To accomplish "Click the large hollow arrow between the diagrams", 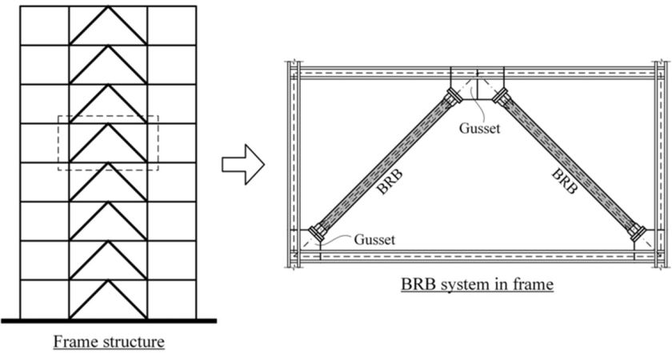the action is point(243,165).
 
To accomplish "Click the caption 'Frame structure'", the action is point(109,342).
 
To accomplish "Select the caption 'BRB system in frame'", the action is point(477,284).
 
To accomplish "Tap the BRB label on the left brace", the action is point(390,183).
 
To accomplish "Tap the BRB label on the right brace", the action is point(565,182).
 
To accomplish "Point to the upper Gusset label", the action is point(479,128).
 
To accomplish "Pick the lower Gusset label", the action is point(374,239).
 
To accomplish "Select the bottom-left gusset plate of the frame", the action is point(310,241).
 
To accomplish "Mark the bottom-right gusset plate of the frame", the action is point(645,241).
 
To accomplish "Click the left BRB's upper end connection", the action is point(452,96).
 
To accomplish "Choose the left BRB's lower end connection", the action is point(318,232).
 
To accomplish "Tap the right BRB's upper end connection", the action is point(502,96).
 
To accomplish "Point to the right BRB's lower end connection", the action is point(637,232).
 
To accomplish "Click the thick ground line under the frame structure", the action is point(109,321).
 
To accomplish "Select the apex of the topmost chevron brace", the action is point(109,6).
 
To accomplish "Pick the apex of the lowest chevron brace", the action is point(109,281).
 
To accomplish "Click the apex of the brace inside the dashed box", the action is point(109,124).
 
